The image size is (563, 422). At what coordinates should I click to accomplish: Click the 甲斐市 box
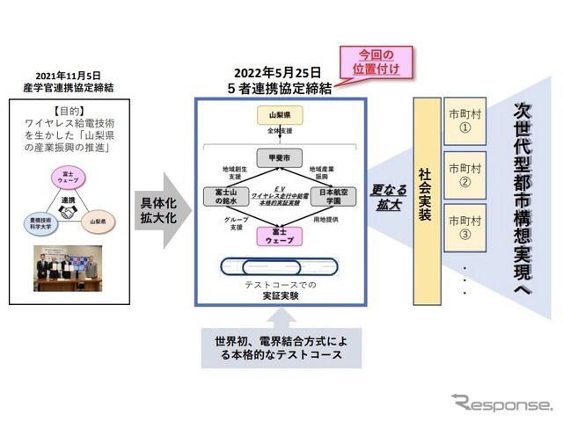280,157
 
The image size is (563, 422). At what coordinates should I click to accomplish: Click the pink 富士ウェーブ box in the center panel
280,236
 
